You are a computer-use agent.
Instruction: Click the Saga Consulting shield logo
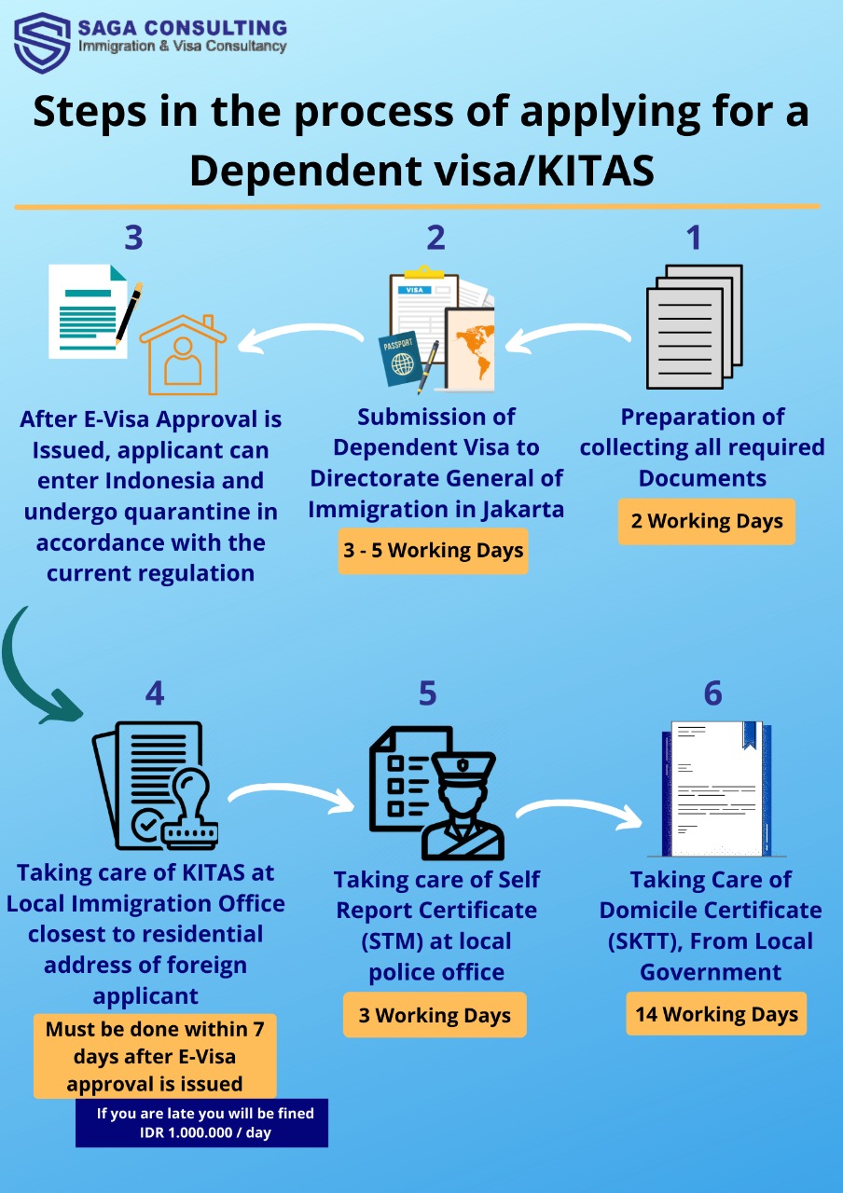(42, 42)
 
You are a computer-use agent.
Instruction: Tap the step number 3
(133, 239)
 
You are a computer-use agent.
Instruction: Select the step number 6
(712, 693)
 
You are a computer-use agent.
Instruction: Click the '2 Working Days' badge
(706, 521)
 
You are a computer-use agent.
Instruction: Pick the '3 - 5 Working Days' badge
(433, 551)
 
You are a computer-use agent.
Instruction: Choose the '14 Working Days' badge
(716, 1014)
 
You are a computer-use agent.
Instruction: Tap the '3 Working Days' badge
(435, 1015)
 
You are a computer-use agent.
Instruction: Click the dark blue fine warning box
(201, 1123)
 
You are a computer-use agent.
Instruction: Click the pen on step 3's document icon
(129, 313)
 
